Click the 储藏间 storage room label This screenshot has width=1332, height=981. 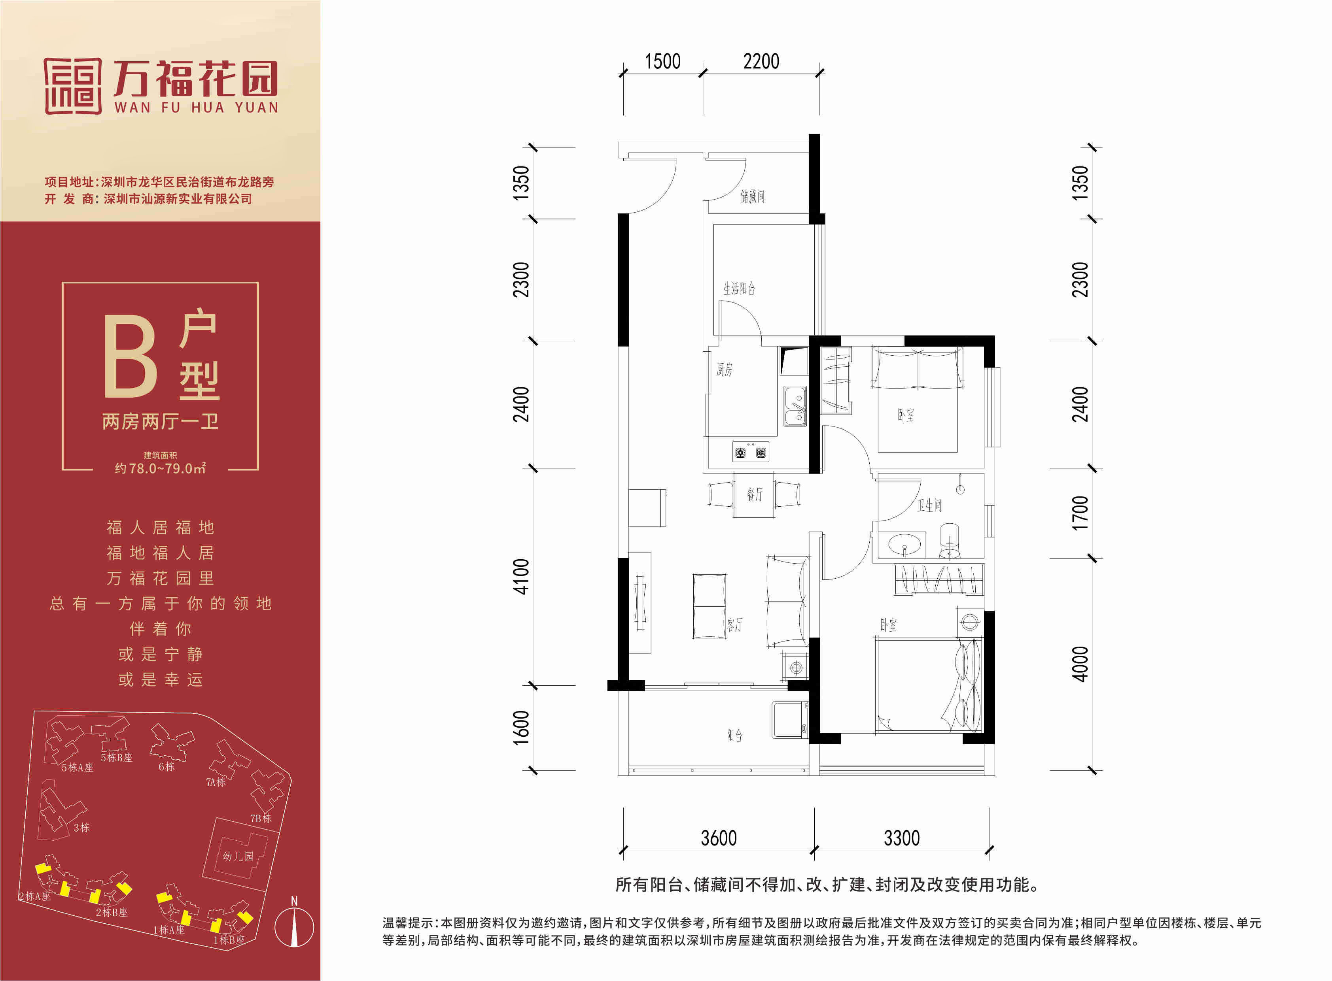coord(752,196)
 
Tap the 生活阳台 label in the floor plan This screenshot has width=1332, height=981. coord(739,289)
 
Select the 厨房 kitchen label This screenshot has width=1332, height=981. coord(724,370)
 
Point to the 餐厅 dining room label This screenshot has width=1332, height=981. coord(755,494)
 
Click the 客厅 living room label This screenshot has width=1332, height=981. coord(735,625)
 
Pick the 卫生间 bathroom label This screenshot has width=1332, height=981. coord(929,506)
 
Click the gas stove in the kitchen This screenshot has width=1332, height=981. coord(750,452)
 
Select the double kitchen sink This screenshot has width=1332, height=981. coord(795,406)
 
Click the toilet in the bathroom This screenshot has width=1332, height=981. coord(950,541)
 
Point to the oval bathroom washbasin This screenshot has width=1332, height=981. coord(905,543)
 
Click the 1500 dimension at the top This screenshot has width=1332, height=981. coord(662,61)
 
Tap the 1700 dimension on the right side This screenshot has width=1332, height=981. coord(1080,513)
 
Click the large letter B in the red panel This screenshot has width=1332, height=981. coord(131,356)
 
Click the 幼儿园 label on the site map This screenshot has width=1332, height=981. coord(238,856)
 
